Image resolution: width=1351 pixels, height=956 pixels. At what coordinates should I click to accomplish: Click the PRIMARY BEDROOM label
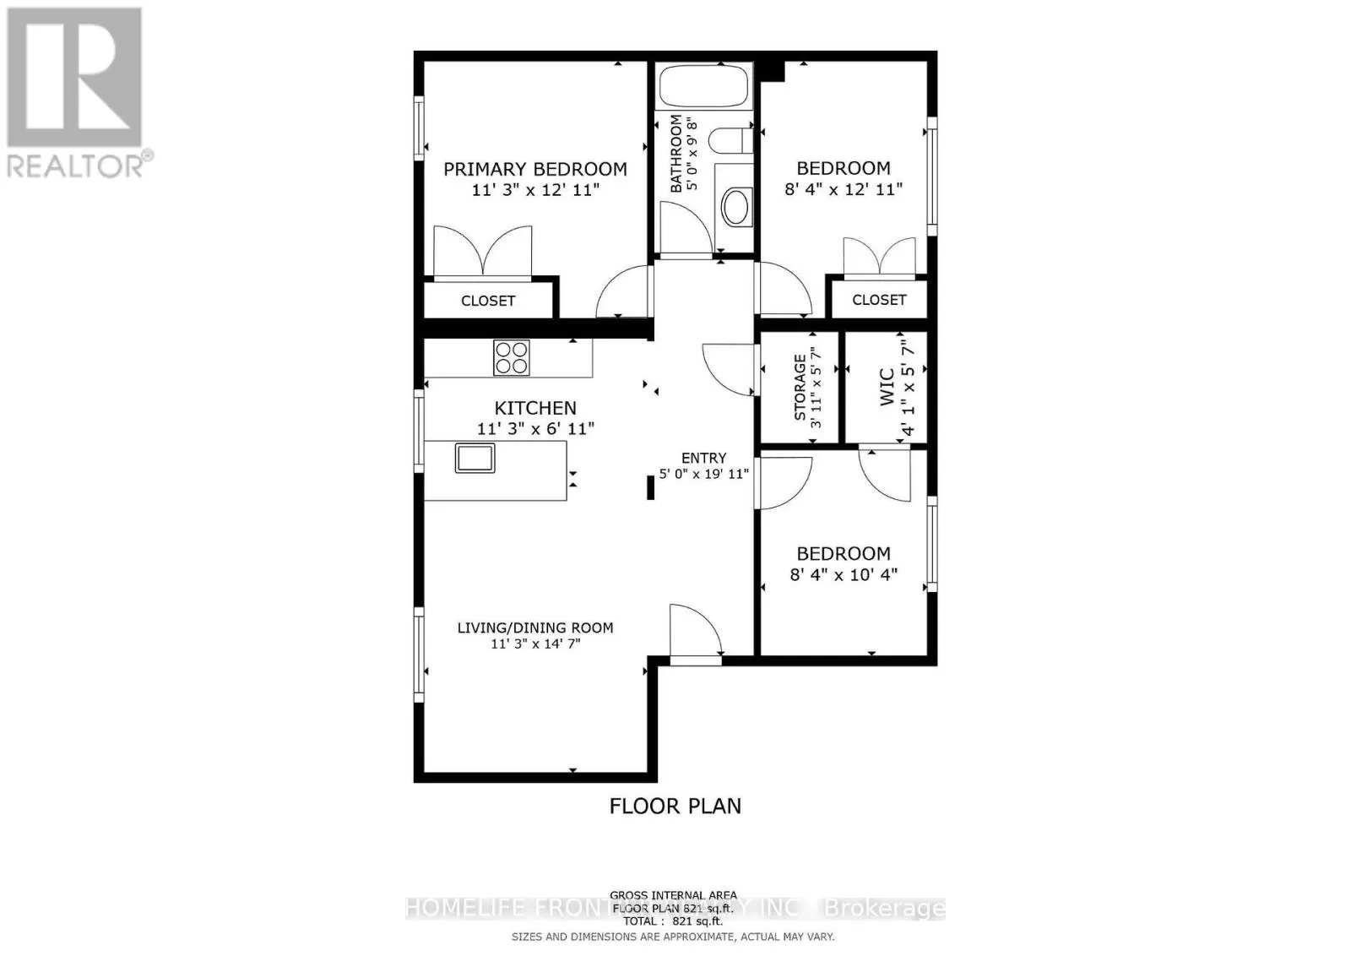tap(535, 169)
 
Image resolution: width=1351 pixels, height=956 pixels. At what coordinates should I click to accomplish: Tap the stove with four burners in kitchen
tap(512, 357)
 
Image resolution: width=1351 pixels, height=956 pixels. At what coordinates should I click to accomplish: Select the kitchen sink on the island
tap(475, 457)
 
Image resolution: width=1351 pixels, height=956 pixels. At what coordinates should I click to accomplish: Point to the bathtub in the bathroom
tap(705, 86)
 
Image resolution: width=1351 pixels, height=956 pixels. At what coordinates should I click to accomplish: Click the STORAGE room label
tap(799, 388)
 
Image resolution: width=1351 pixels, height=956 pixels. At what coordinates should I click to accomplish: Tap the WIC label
tap(887, 387)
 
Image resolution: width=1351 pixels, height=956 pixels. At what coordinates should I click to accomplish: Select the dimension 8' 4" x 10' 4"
tap(844, 575)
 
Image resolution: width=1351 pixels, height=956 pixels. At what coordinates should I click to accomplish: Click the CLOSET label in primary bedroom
tap(488, 301)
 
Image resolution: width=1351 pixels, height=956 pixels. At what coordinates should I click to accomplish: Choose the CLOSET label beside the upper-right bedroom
tap(879, 300)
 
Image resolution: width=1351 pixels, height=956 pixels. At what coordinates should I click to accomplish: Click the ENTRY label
tap(704, 458)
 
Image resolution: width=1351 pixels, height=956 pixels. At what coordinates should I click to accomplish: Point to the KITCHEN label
tap(535, 408)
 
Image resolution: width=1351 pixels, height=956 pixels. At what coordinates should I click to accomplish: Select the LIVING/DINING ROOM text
tap(535, 627)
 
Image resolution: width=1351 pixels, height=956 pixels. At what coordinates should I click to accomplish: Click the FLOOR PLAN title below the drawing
tap(675, 806)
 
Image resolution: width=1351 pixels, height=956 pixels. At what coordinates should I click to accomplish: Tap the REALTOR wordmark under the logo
tap(76, 165)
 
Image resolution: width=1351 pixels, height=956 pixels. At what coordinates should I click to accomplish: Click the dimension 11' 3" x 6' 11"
tap(535, 429)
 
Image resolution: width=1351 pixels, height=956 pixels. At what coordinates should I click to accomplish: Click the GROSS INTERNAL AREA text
tap(673, 895)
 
